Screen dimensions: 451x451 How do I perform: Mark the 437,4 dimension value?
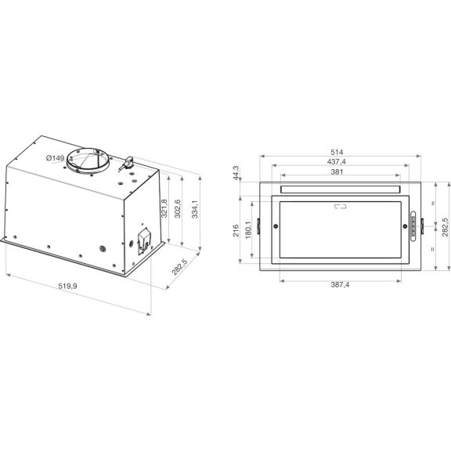(x=339, y=161)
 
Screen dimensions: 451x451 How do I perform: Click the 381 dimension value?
(x=339, y=172)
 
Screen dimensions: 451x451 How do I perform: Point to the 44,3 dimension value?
(x=236, y=174)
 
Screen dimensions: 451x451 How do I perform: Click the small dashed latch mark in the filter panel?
(x=341, y=207)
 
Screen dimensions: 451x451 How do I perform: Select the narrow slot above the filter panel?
(x=339, y=190)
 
